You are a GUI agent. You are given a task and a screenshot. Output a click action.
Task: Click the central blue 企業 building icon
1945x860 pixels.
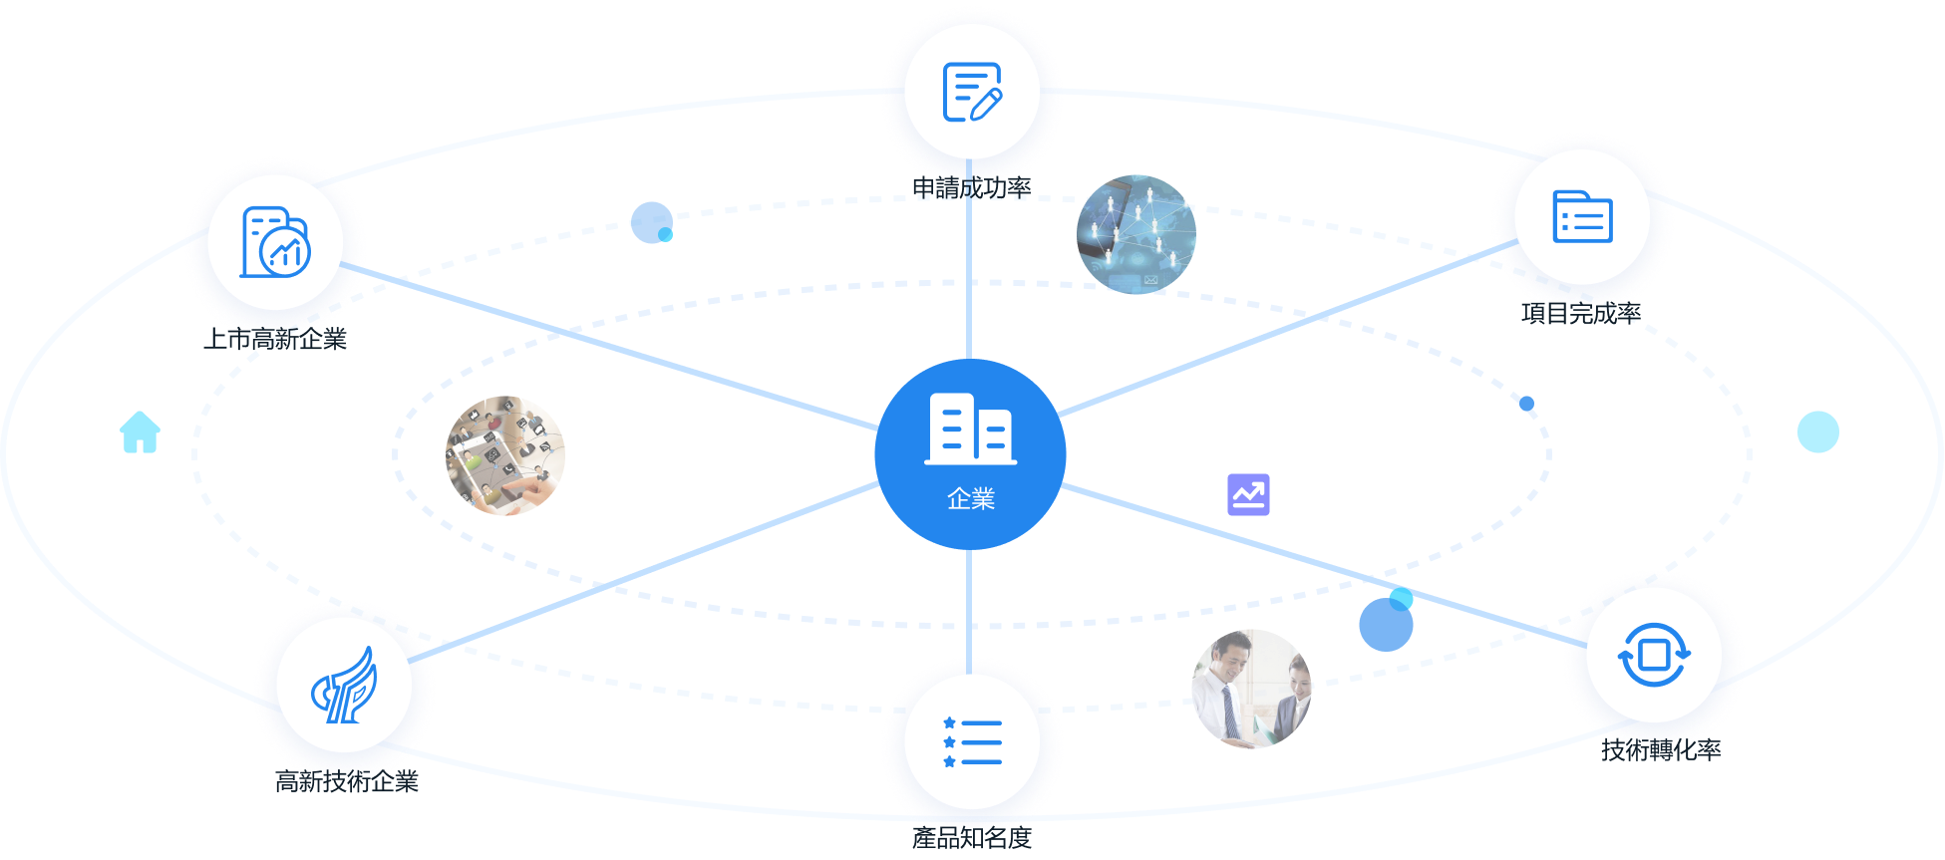tap(970, 430)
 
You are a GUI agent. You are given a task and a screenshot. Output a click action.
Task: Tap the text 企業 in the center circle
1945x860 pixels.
tap(971, 499)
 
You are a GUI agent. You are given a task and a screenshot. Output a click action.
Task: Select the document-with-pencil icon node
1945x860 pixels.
tap(972, 93)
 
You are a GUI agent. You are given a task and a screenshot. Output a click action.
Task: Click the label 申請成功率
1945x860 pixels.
tap(971, 188)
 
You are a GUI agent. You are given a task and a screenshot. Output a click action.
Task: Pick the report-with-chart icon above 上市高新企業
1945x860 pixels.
tap(276, 242)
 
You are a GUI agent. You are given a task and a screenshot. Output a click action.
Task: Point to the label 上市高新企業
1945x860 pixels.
tap(275, 340)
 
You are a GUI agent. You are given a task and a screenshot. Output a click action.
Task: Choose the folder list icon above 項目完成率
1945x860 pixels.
tap(1582, 216)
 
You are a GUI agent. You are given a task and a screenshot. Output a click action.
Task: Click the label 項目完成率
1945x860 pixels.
tap(1581, 314)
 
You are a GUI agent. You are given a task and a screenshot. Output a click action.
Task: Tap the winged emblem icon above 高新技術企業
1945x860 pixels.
tap(344, 685)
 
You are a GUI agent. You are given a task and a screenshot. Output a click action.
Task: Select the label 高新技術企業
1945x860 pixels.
tap(346, 781)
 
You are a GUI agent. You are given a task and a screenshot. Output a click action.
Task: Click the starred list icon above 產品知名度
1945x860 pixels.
tap(972, 742)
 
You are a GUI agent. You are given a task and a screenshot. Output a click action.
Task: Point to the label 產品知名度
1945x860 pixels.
tap(971, 837)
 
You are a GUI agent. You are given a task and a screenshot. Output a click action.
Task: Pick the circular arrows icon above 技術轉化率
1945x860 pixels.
tap(1654, 655)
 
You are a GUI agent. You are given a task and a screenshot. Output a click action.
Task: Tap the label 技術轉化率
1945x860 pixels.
tap(1660, 749)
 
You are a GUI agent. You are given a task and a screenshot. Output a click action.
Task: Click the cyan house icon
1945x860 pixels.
tap(140, 432)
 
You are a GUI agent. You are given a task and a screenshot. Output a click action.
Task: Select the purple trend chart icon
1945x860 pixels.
tap(1248, 494)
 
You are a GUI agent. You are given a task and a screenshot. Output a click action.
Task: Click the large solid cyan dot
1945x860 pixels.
tap(1817, 431)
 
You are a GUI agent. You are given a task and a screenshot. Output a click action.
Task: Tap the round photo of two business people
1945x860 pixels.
tap(1252, 689)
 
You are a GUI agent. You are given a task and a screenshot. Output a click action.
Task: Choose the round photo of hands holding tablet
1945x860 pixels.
tap(505, 455)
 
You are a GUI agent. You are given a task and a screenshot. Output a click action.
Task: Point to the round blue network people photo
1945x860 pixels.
tap(1136, 235)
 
